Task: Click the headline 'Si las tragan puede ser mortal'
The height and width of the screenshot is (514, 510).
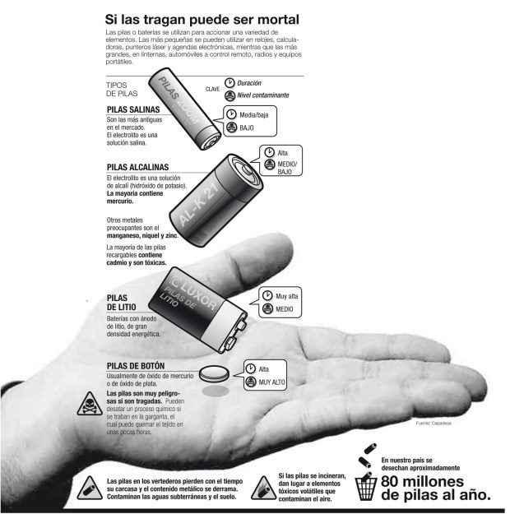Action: pos(202,20)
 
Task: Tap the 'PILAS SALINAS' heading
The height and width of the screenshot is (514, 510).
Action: pos(133,109)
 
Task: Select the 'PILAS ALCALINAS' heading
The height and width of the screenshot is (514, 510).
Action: pos(137,167)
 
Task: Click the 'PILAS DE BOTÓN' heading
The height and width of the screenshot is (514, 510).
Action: pos(136,366)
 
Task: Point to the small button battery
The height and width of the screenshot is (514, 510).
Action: pos(215,373)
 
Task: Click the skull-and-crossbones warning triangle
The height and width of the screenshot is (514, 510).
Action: pos(90,404)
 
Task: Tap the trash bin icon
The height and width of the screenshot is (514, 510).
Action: pos(366,488)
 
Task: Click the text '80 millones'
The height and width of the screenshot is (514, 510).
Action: pos(423,482)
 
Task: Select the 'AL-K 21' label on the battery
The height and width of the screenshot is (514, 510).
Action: pos(198,204)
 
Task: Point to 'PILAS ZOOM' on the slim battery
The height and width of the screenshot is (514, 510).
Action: pos(179,100)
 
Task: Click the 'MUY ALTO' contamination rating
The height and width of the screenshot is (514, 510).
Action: pos(272,382)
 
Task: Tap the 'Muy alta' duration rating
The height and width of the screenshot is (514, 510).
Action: pos(286,296)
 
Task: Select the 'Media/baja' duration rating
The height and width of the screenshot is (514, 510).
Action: pos(254,115)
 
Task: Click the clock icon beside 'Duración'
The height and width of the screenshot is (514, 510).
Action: pos(229,83)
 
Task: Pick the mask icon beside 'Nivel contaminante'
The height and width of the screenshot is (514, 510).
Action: pos(229,95)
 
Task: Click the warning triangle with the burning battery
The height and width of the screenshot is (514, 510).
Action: pos(264,489)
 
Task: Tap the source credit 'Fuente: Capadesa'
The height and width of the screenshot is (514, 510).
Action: pos(433,424)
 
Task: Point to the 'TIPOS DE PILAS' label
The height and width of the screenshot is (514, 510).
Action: pos(122,89)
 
